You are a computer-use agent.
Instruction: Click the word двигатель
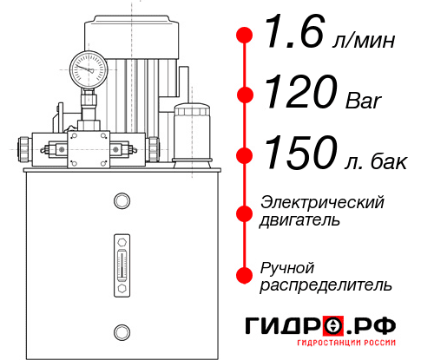(300, 220)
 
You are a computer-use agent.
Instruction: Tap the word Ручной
(287, 267)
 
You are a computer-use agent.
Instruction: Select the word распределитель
(326, 285)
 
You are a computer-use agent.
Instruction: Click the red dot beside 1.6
(245, 36)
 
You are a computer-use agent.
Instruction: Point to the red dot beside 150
(245, 155)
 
